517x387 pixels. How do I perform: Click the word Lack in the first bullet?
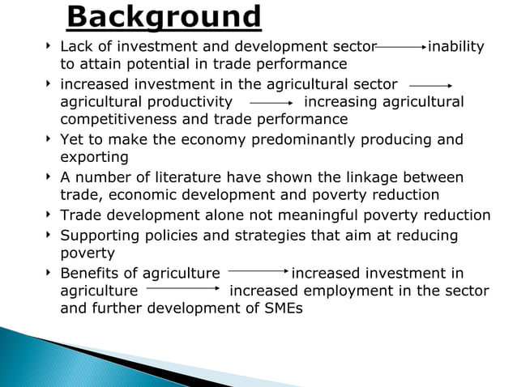[x=76, y=47]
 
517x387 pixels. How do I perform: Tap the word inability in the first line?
[x=456, y=47]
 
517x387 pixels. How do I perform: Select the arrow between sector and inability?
[x=400, y=48]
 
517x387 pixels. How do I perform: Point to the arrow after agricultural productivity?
[x=271, y=104]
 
